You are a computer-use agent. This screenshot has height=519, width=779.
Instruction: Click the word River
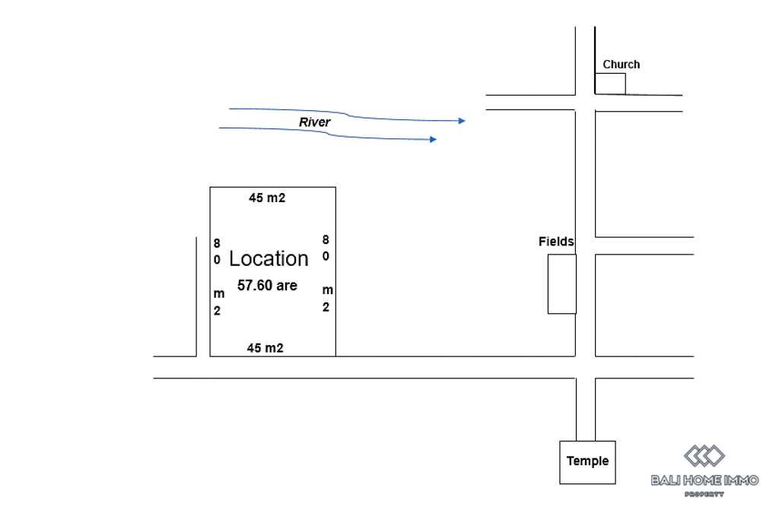click(x=314, y=122)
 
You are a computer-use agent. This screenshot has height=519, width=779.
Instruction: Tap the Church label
click(x=621, y=65)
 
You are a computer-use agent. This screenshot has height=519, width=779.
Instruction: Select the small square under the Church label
click(x=610, y=84)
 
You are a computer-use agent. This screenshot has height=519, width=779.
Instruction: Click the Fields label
click(x=556, y=242)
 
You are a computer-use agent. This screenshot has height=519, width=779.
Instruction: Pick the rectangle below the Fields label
click(x=561, y=284)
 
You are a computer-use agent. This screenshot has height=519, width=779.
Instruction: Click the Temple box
click(x=587, y=461)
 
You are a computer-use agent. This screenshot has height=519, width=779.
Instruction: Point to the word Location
click(x=269, y=258)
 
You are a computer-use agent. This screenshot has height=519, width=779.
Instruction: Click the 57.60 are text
click(x=267, y=286)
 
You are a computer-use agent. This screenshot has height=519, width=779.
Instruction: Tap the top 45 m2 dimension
click(x=266, y=198)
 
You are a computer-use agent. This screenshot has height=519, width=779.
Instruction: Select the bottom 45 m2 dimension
click(x=265, y=348)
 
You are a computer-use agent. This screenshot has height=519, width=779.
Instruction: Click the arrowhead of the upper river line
click(x=461, y=121)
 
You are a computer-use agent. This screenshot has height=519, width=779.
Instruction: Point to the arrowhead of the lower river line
click(x=433, y=140)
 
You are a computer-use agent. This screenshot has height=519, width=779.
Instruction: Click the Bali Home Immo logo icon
click(x=704, y=456)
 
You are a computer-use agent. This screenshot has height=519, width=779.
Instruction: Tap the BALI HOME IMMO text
click(x=704, y=479)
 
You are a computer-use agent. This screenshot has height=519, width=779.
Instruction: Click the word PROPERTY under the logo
click(x=704, y=494)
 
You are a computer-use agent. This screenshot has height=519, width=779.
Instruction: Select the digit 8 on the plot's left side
click(x=217, y=243)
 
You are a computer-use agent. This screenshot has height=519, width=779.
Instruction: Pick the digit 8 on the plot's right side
click(x=326, y=239)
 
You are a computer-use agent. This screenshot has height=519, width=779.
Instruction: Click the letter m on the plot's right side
click(x=327, y=290)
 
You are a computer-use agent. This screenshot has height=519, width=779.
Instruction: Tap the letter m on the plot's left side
click(x=218, y=294)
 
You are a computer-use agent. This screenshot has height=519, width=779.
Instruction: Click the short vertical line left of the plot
click(x=196, y=296)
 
